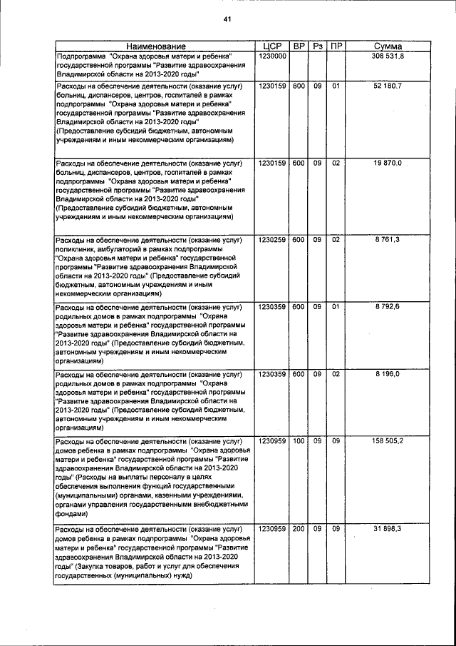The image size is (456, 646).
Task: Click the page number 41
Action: (x=228, y=19)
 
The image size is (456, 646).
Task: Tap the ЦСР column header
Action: (x=272, y=46)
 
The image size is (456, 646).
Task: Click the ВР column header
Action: (x=299, y=46)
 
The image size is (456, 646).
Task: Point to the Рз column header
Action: (x=318, y=46)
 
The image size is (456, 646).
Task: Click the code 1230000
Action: (x=272, y=56)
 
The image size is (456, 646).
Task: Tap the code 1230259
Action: (x=272, y=239)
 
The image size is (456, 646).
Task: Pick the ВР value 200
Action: (x=299, y=528)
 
